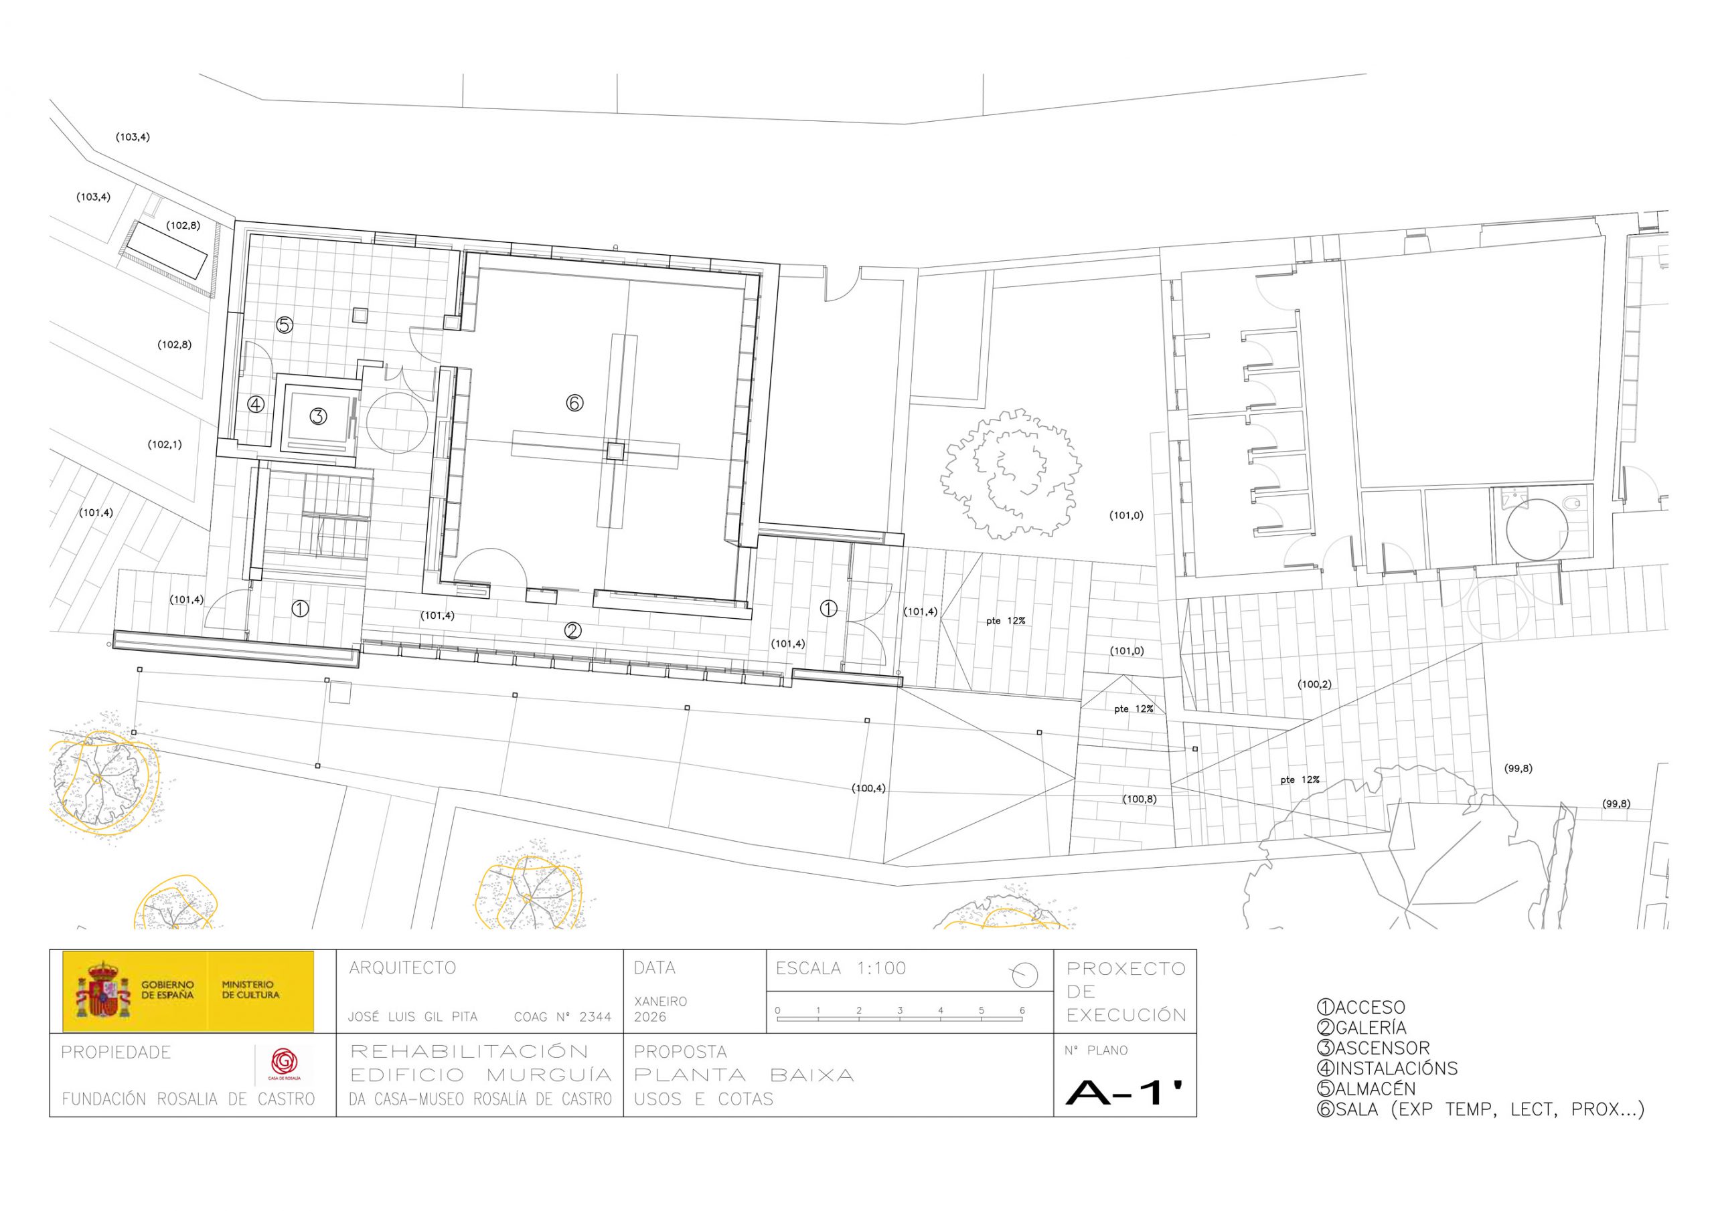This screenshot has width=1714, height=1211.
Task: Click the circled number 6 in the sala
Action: click(574, 403)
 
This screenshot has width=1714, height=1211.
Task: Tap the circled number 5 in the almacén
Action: click(285, 324)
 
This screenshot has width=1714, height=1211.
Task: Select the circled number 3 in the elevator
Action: click(319, 416)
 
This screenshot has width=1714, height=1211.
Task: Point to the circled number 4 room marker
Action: click(256, 404)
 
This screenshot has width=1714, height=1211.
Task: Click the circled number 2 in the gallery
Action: click(572, 630)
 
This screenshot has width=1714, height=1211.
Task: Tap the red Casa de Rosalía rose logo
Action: click(284, 1060)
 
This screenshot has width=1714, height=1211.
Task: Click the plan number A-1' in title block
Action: click(1125, 1093)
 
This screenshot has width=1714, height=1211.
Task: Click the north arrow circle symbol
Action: click(1026, 974)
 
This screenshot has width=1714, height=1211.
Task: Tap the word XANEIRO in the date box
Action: click(660, 1001)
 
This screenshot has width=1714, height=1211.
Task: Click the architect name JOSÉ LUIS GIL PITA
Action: click(413, 1016)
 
